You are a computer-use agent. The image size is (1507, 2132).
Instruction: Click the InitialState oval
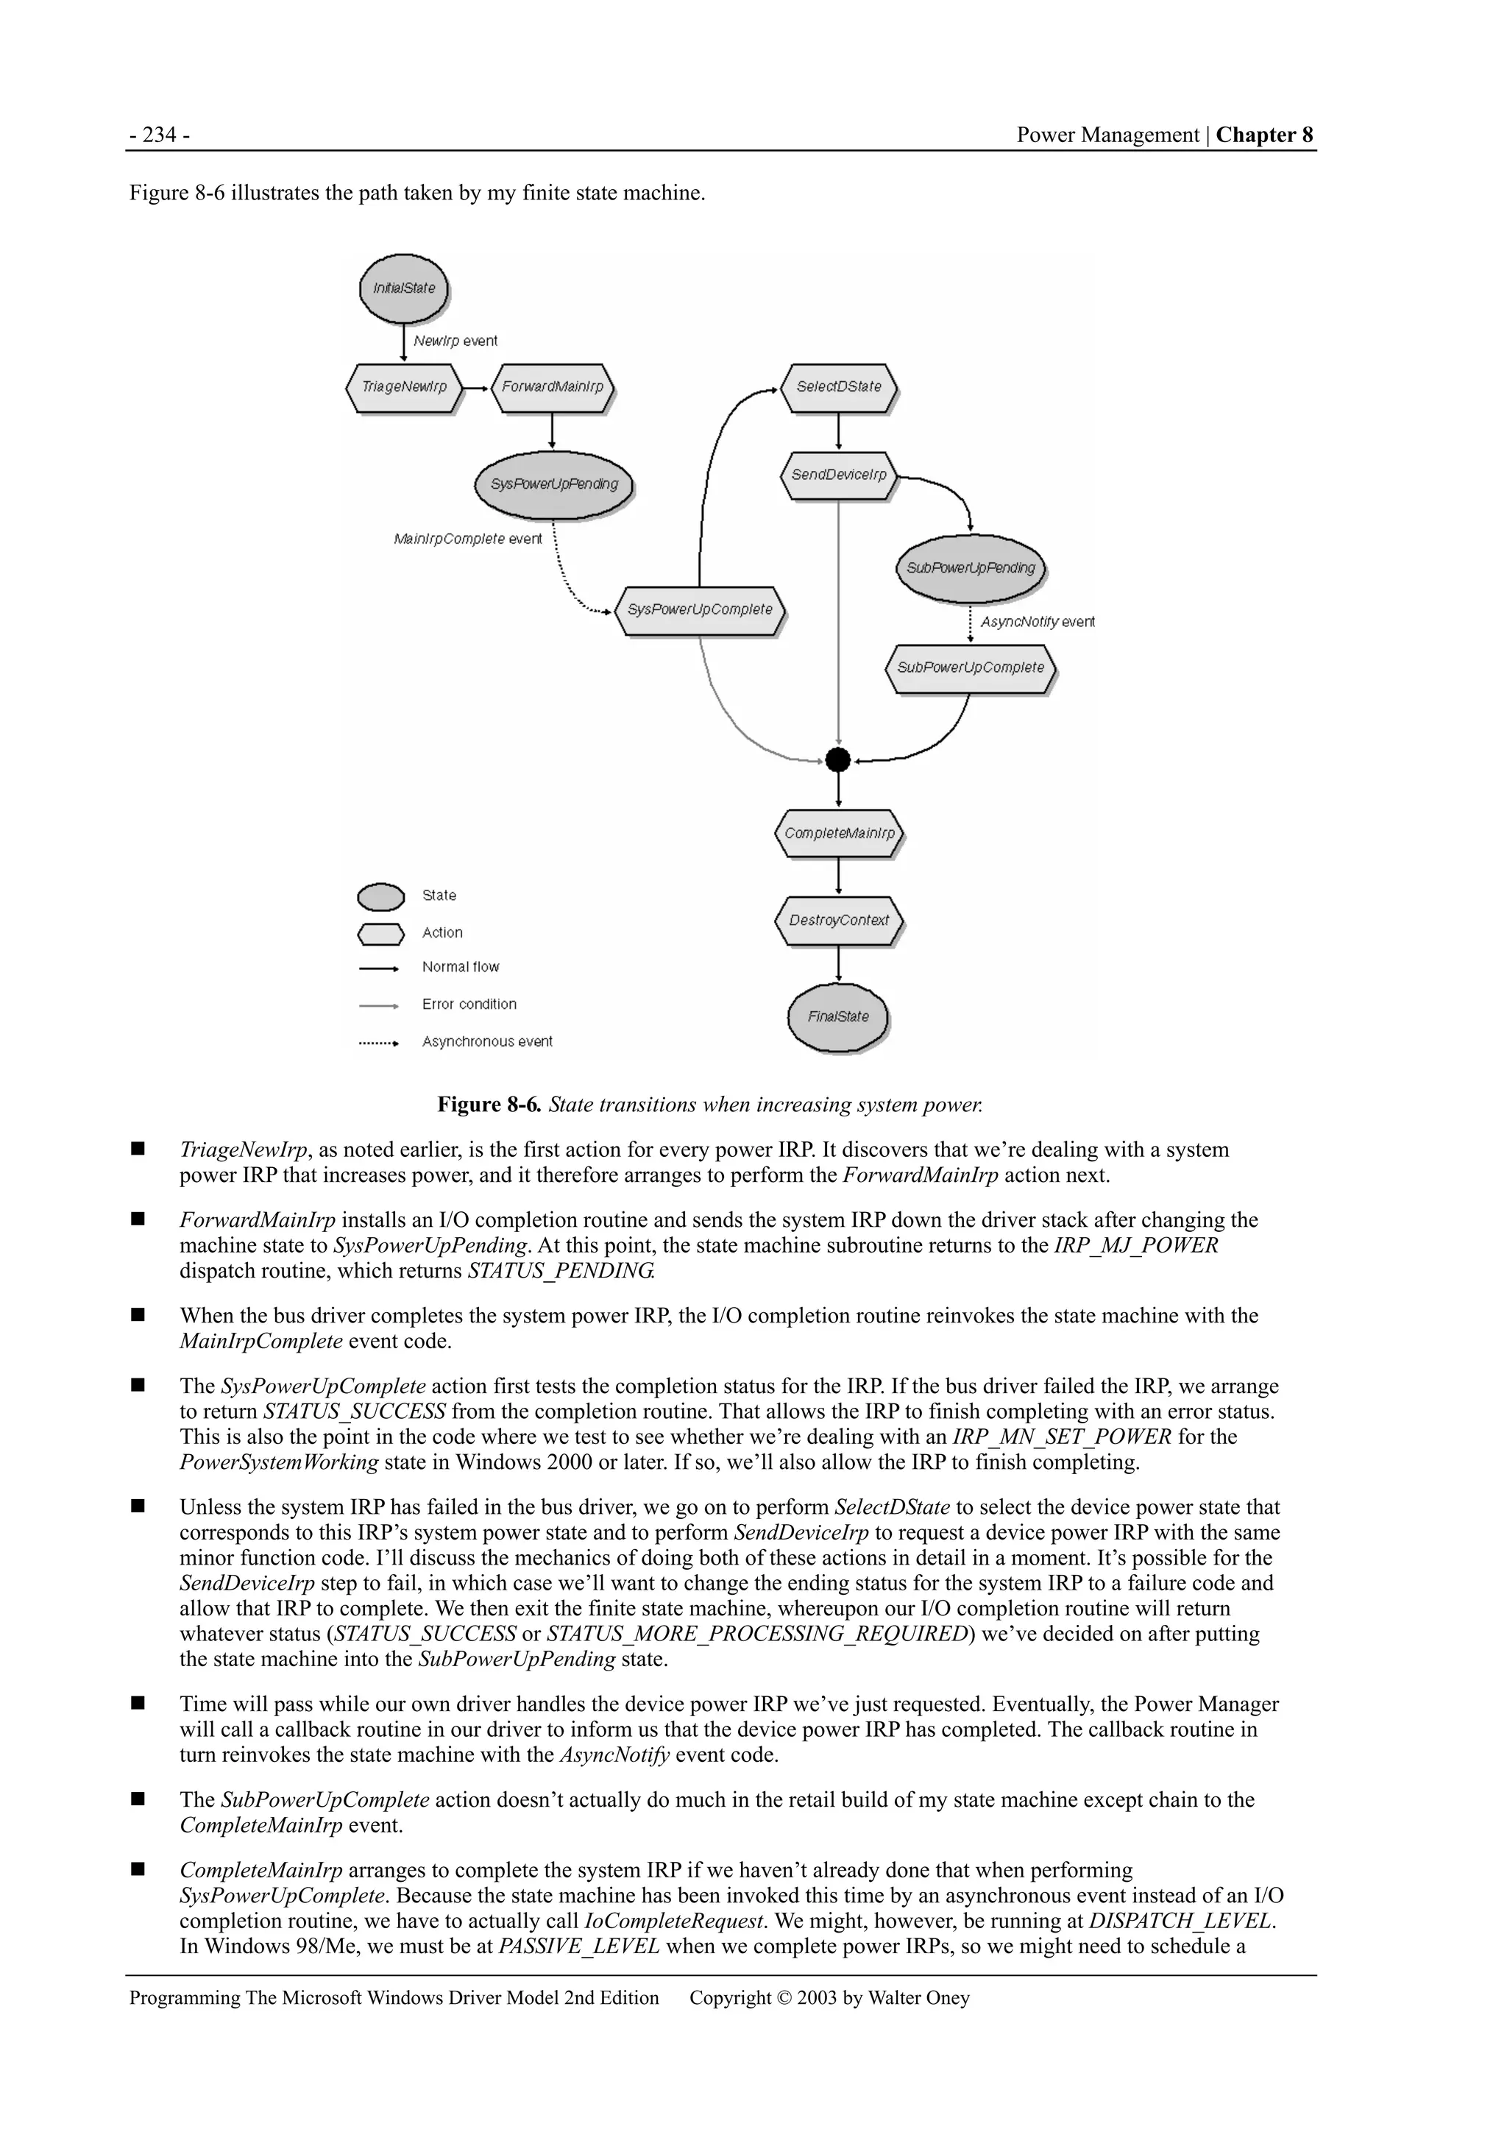tap(404, 288)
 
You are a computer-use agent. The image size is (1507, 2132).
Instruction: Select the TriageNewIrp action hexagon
tap(404, 387)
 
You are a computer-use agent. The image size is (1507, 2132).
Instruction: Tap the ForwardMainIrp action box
tap(553, 387)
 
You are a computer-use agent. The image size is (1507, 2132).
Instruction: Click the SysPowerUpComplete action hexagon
tap(700, 610)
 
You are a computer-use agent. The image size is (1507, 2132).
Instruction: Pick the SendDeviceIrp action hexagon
tap(838, 475)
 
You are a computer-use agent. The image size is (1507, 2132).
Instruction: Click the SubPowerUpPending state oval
tap(971, 568)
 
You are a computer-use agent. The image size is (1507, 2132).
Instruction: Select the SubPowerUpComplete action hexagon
tap(971, 667)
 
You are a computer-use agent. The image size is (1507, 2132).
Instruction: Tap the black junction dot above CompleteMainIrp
tap(838, 759)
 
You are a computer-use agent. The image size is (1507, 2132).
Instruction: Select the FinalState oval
tap(838, 1017)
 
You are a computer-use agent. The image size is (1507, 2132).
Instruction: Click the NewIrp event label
tap(455, 341)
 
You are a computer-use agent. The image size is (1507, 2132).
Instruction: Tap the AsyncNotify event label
tap(1037, 622)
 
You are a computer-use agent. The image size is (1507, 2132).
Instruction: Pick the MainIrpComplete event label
tap(468, 539)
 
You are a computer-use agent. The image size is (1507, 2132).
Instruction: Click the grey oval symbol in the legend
tap(380, 897)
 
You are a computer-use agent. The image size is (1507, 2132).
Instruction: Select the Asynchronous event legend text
tap(486, 1042)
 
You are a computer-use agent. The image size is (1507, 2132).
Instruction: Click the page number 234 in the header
tap(160, 135)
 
